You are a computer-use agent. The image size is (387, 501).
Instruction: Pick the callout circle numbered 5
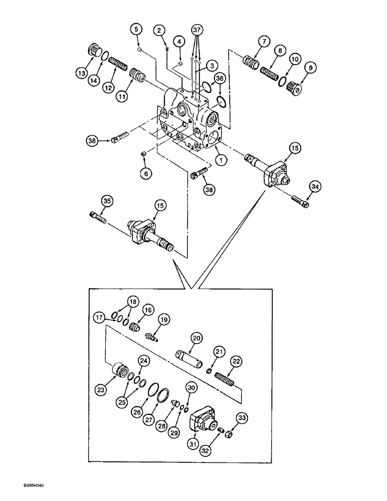click(x=135, y=29)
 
